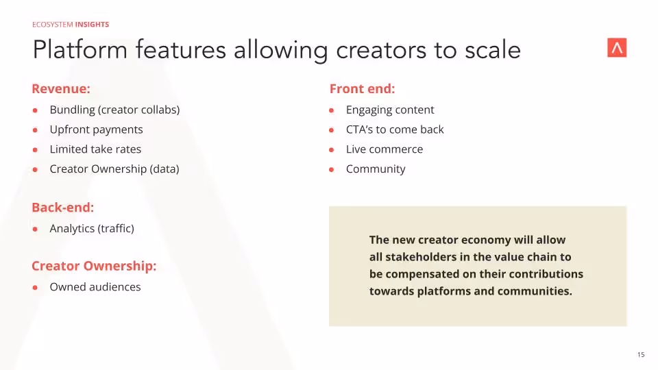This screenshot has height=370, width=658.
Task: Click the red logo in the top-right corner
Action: pyautogui.click(x=617, y=48)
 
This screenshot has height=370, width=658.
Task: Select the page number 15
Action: pyautogui.click(x=641, y=355)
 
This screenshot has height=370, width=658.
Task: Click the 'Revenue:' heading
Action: pyautogui.click(x=61, y=89)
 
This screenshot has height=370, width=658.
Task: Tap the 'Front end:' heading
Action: pyautogui.click(x=362, y=89)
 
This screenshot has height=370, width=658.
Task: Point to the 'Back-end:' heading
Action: pyautogui.click(x=62, y=208)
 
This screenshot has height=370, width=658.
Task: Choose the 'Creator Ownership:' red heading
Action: pyautogui.click(x=94, y=266)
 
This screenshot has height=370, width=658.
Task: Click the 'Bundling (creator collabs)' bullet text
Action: pyautogui.click(x=114, y=110)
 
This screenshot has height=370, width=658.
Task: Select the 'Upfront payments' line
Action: pyautogui.click(x=96, y=129)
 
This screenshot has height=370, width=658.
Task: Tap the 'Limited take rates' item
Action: pyautogui.click(x=95, y=149)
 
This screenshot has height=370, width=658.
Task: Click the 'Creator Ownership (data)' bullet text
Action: pyautogui.click(x=114, y=169)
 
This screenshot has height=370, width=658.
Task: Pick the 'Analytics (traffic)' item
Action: pyautogui.click(x=92, y=229)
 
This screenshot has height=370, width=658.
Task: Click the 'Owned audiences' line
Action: pyautogui.click(x=95, y=287)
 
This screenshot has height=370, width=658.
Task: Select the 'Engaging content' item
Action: pyautogui.click(x=390, y=110)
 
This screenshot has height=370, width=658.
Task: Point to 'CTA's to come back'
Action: pyautogui.click(x=395, y=129)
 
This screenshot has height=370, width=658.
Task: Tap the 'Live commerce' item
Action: pyautogui.click(x=385, y=149)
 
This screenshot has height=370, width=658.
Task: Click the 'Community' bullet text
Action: pyautogui.click(x=376, y=169)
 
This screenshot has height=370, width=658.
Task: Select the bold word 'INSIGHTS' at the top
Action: pyautogui.click(x=92, y=25)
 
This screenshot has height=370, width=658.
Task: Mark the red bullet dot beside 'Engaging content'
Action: pyautogui.click(x=331, y=110)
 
